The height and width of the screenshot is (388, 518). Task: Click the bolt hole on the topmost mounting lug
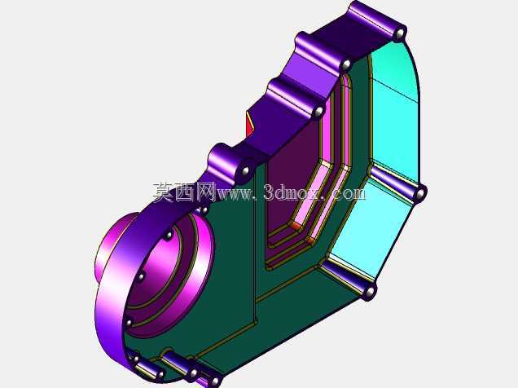(x=400, y=34)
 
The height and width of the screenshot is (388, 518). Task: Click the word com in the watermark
(x=349, y=194)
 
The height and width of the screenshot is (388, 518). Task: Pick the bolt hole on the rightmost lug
(x=420, y=194)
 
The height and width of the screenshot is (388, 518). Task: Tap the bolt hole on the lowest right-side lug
(x=371, y=292)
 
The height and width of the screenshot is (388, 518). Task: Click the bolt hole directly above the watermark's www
(x=245, y=171)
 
